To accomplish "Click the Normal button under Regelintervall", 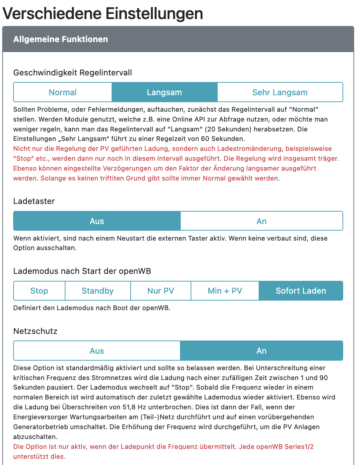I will pos(63,92).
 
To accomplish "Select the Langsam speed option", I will pos(164,92).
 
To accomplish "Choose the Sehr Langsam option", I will pos(280,92).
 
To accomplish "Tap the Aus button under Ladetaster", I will pos(97,221).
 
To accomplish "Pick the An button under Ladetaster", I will pos(262,221).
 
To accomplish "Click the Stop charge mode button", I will pos(39,291).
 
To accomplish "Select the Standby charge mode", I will pos(98,291).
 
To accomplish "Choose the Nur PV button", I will pos(161,291).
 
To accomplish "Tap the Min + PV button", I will pos(225,291).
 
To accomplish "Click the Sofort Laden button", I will pos(301,291).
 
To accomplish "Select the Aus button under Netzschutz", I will pos(97,351).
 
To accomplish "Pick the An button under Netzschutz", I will pos(262,351).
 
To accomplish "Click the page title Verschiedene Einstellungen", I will pos(103,14).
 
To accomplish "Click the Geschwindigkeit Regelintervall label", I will pos(72,72).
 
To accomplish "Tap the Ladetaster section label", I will pos(34,201).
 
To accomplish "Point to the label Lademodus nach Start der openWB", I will pos(82,271).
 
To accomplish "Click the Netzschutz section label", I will pos(35,331).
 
